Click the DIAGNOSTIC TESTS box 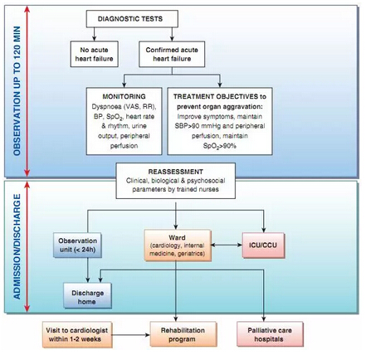132,19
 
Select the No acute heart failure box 95,54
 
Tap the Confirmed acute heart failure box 172,54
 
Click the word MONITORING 124,96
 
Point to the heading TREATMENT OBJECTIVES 217,96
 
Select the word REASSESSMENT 176,172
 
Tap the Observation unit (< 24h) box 78,245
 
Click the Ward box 178,246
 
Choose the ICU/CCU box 263,246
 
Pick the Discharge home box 88,295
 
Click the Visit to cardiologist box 77,334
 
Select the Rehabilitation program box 183,334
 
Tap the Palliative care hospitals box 270,334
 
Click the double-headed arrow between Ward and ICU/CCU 227,245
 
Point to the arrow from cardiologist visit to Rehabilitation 131,335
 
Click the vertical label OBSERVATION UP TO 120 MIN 17,91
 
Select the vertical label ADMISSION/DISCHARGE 17,246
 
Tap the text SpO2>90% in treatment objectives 220,146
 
